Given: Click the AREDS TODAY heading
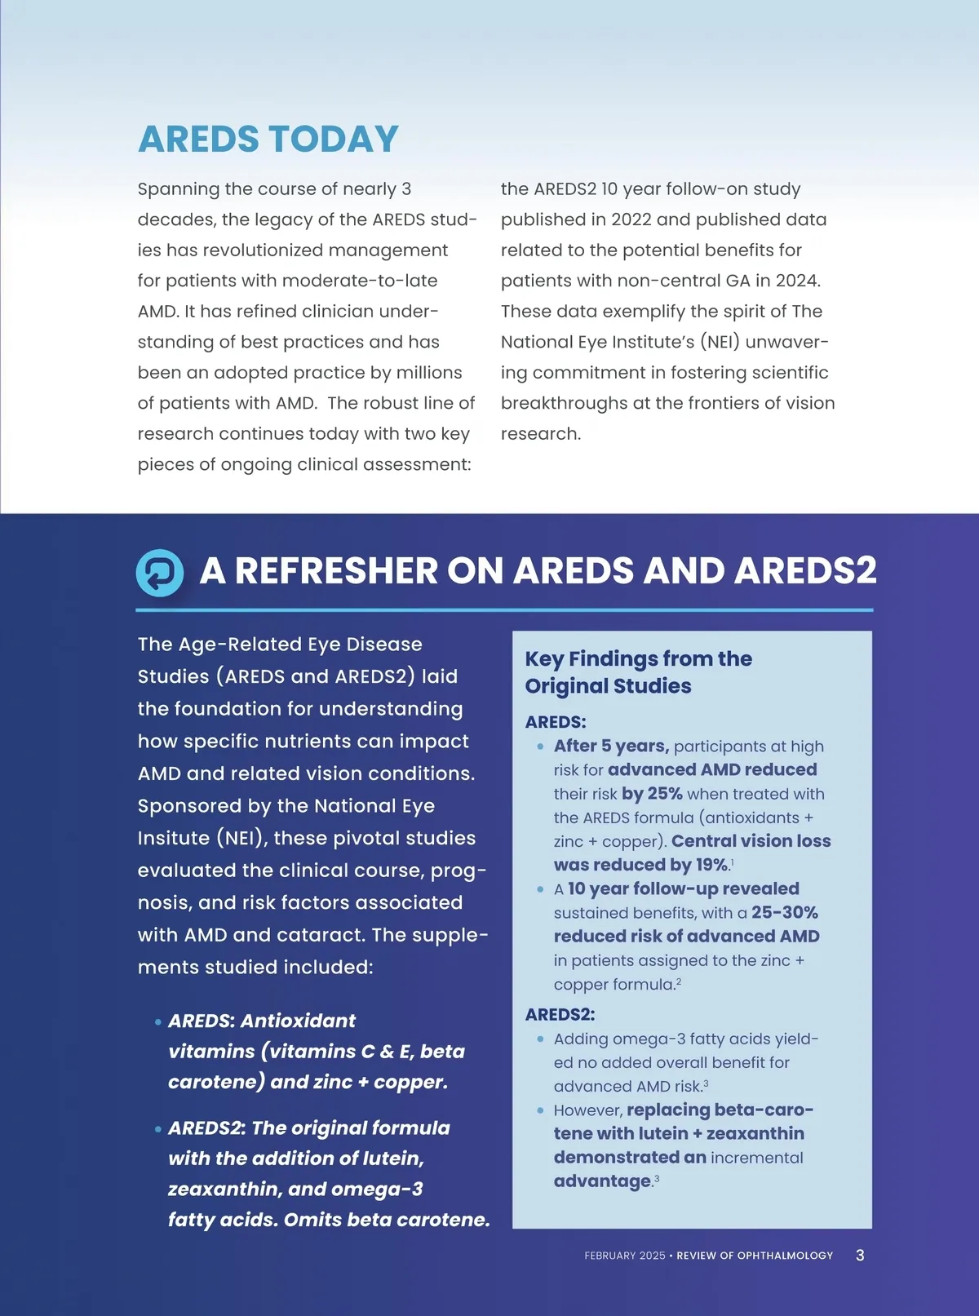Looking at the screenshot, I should (268, 140).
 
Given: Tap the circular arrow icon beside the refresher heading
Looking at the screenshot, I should (160, 572).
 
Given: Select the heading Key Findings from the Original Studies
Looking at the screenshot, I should (638, 672).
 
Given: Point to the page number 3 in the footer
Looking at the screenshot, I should (860, 1255).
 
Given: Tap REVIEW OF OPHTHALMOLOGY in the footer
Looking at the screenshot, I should (755, 1256).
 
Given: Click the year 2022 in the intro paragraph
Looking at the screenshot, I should (631, 219).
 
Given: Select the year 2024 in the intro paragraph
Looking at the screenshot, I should (795, 281).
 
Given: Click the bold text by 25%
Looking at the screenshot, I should (652, 794).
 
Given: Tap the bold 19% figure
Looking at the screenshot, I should (711, 865).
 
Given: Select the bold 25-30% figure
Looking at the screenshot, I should (784, 912).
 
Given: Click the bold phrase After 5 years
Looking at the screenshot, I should (611, 746).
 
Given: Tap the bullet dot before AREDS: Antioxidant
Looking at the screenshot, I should (157, 1021).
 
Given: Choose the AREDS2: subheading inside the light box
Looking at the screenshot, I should (560, 1014).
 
